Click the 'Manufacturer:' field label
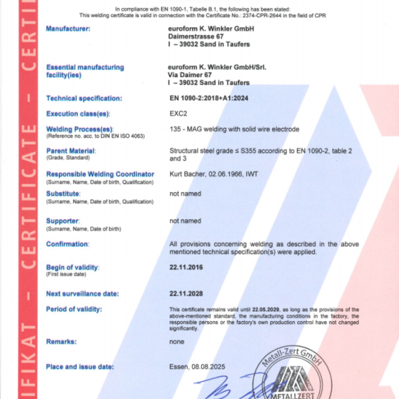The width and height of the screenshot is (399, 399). point(68,29)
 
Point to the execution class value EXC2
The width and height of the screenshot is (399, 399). point(180,114)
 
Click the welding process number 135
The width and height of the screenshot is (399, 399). point(175,130)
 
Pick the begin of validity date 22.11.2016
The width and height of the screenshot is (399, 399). point(188,267)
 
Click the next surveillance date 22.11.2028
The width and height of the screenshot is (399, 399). point(188,294)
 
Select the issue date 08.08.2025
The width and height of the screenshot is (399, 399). point(207,367)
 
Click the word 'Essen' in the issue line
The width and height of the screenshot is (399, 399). point(178,367)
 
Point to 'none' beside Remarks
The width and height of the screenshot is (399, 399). point(177,342)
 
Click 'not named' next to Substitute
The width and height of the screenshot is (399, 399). point(185,194)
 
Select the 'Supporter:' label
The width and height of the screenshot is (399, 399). point(62,221)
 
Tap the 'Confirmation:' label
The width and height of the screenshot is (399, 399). point(67,244)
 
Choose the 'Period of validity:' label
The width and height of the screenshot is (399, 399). point(74,309)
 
